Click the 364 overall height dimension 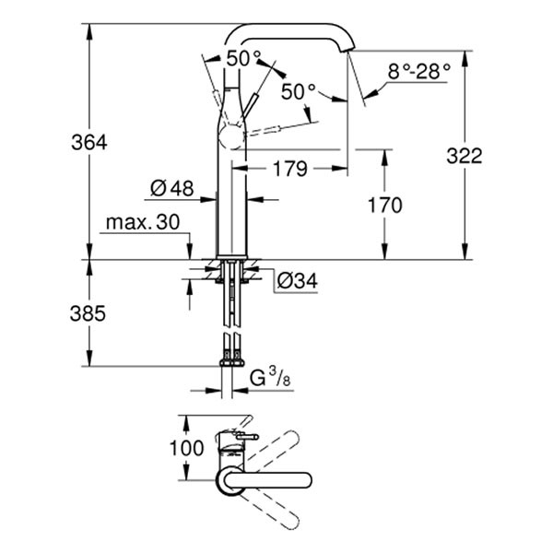click(89, 143)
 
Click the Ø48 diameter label click(171, 189)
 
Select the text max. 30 click(143, 224)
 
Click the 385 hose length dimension click(89, 313)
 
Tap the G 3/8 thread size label click(272, 377)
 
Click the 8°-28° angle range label click(419, 69)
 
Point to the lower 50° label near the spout click(299, 91)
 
